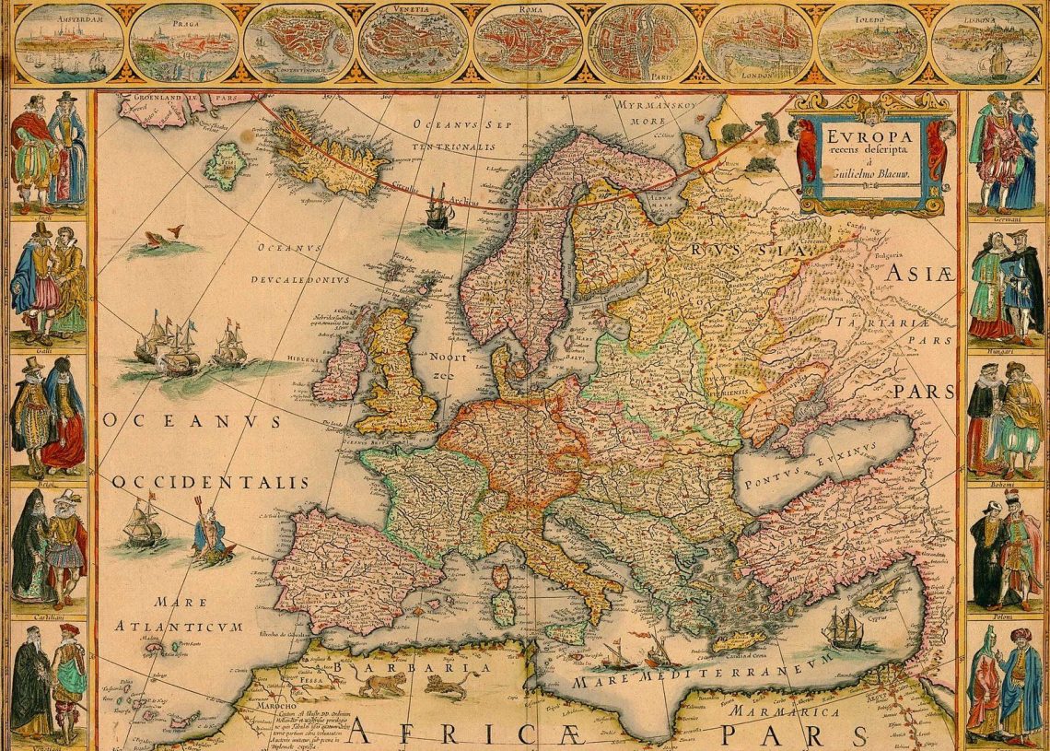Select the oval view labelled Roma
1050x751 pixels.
pos(527,42)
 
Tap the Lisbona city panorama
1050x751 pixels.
pos(986,42)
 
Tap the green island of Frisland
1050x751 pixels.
pos(222,166)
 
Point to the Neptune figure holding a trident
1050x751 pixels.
pos(211,532)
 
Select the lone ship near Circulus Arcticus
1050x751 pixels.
pos(437,214)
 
